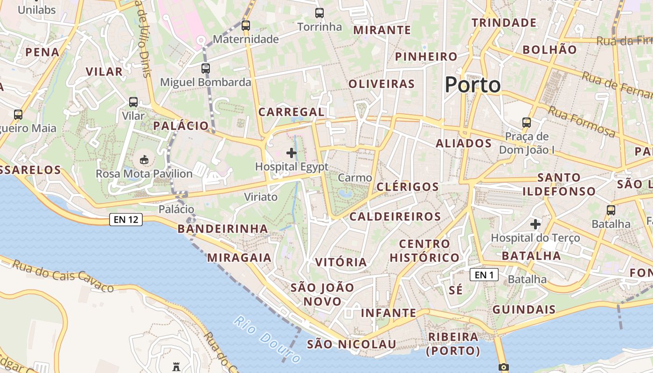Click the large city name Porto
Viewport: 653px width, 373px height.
coord(472,85)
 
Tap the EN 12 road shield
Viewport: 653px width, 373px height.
coord(126,220)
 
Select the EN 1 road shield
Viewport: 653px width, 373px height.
coord(484,275)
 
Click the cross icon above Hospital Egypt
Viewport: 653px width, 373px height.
coord(292,152)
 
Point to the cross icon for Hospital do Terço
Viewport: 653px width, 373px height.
coord(535,224)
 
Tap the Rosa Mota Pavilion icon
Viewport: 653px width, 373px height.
coord(144,160)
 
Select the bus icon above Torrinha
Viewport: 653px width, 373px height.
coord(320,13)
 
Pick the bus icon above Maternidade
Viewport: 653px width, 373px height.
coord(246,26)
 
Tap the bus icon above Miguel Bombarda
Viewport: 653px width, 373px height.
coord(206,69)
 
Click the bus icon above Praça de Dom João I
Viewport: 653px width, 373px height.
coord(527,123)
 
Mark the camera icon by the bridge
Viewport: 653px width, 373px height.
coord(503,367)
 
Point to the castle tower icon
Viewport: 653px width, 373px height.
coord(176,366)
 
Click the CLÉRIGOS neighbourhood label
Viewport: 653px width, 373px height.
coord(407,187)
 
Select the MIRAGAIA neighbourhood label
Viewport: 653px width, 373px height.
coord(239,257)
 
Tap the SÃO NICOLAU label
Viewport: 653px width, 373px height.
coord(351,344)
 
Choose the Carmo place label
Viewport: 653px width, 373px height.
coord(355,178)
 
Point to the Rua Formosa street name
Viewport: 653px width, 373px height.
coord(581,121)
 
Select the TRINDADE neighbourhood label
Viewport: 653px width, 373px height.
coord(504,22)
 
